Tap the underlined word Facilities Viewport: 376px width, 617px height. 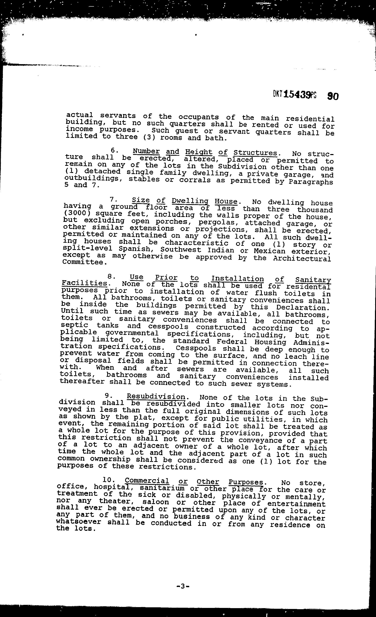click(x=84, y=283)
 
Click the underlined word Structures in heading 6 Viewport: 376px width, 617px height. click(x=255, y=153)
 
